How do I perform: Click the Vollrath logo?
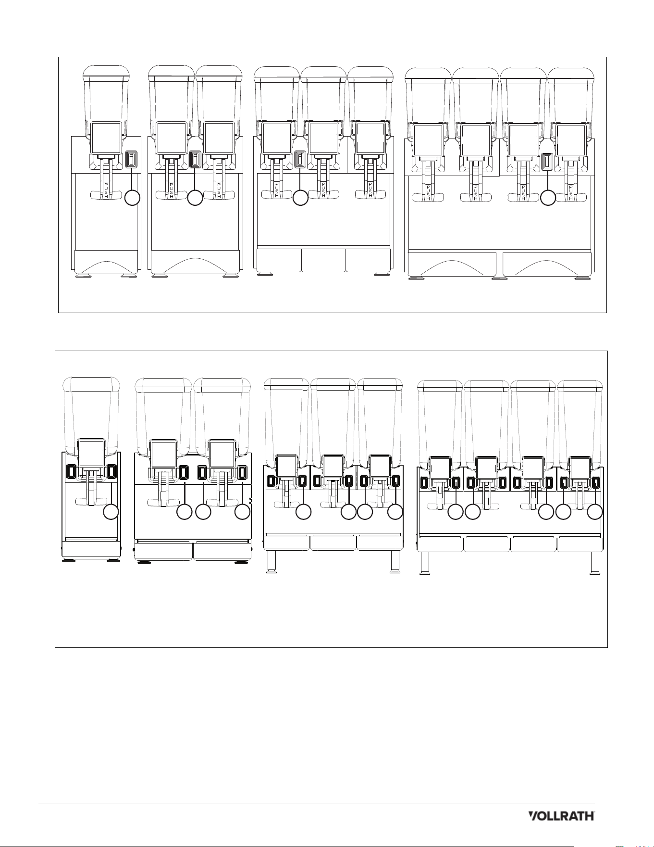[x=561, y=816]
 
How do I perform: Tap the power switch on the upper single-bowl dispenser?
[x=132, y=160]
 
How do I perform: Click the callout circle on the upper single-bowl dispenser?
[x=132, y=198]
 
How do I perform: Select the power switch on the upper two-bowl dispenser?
[x=195, y=159]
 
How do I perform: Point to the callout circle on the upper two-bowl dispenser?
[x=195, y=198]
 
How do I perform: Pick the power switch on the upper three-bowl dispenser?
[x=300, y=159]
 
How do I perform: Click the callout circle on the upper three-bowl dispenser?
[x=300, y=198]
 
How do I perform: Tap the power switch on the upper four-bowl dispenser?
[x=546, y=162]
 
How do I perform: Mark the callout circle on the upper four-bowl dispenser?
[x=548, y=198]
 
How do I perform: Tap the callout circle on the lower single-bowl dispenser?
[x=111, y=512]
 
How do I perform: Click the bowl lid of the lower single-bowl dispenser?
[x=92, y=384]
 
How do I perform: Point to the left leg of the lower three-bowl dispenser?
[x=271, y=561]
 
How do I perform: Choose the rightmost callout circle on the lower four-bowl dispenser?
[x=595, y=512]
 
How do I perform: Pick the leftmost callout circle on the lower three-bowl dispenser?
[x=303, y=512]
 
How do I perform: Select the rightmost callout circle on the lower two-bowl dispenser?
[x=242, y=512]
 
